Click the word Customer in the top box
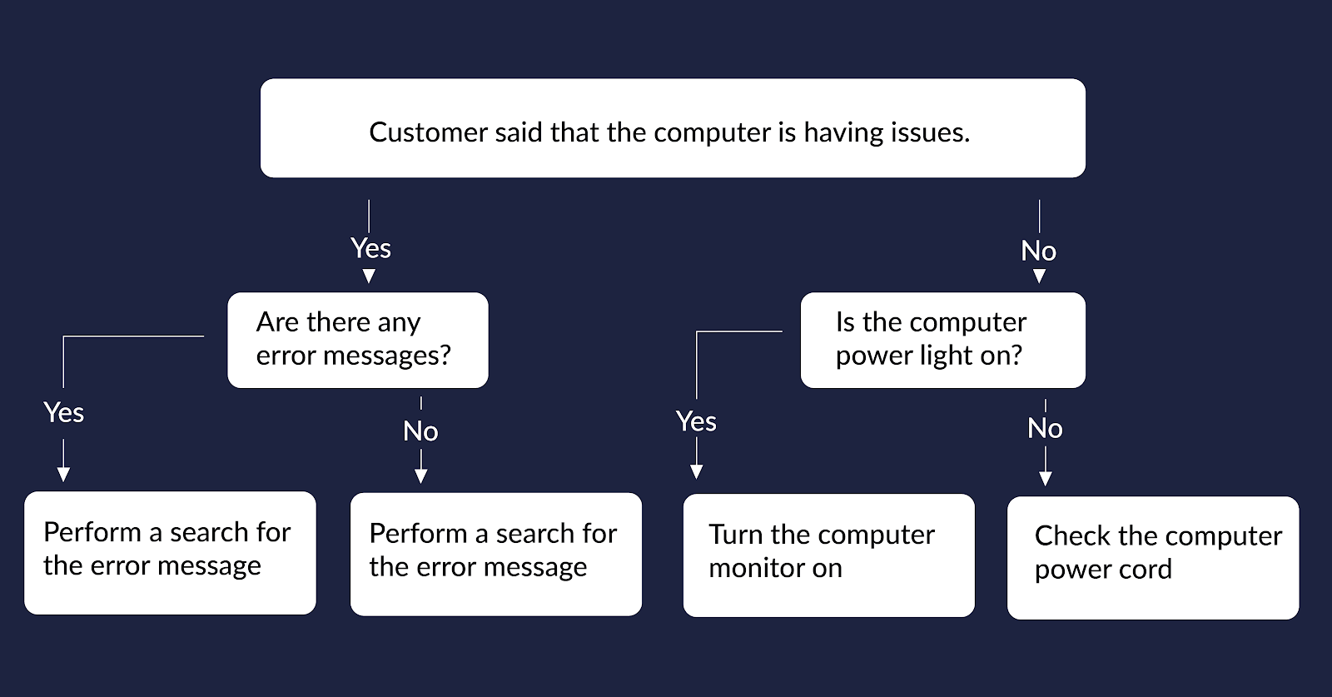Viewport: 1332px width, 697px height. [428, 132]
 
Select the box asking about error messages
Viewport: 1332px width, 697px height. [358, 341]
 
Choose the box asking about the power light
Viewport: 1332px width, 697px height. [942, 341]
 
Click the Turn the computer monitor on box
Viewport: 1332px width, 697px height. [829, 555]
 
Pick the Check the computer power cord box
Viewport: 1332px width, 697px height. [1153, 558]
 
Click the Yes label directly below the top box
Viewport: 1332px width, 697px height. [371, 248]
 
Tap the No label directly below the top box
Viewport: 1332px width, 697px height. [1039, 251]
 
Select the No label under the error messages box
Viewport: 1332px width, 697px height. [420, 431]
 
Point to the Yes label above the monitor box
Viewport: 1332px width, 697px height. [696, 421]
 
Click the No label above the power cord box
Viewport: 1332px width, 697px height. [1045, 428]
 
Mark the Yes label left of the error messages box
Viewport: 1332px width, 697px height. [63, 413]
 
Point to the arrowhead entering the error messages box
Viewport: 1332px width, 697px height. [369, 276]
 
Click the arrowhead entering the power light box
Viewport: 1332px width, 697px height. [1039, 276]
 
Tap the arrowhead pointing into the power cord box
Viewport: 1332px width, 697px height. [1046, 478]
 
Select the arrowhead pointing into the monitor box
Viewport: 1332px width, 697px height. [696, 471]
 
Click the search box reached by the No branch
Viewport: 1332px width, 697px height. [496, 555]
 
